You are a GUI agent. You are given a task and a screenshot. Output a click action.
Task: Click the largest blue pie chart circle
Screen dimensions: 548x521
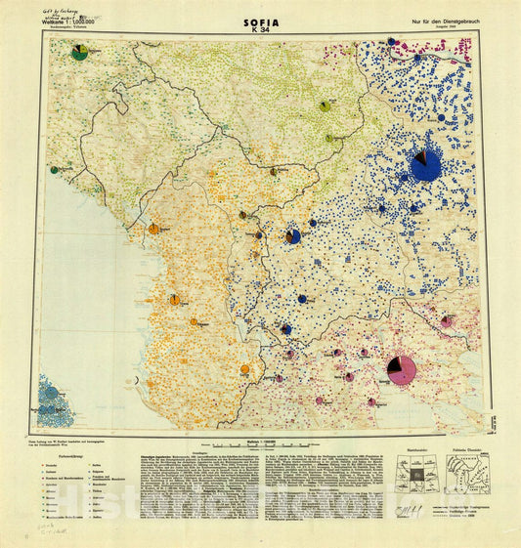pyautogui.click(x=425, y=165)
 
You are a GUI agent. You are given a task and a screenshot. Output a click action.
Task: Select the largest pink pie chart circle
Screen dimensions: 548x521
pyautogui.click(x=402, y=369)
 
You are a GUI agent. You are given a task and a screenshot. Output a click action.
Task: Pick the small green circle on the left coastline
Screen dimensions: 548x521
pyautogui.click(x=53, y=170)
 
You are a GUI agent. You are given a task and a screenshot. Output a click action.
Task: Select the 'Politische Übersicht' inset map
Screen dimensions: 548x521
pyautogui.click(x=468, y=473)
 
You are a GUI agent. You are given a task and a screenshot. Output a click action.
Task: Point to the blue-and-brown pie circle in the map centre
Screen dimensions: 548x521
pyautogui.click(x=292, y=236)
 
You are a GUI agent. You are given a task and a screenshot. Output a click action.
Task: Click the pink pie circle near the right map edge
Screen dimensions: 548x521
pyautogui.click(x=447, y=320)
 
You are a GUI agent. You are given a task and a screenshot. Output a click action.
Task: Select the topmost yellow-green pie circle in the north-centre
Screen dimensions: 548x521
pyautogui.click(x=325, y=105)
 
